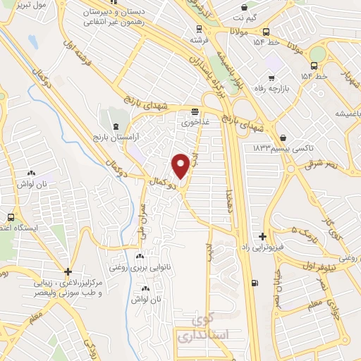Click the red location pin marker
[x=180, y=165]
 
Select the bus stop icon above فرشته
[x=200, y=30]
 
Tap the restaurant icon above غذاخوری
[x=194, y=111]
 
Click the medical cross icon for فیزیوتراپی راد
[x=263, y=237]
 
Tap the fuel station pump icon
[x=254, y=283]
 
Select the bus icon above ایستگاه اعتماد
[x=10, y=217]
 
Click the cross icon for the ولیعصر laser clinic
[x=68, y=271]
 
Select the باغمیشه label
[x=343, y=114]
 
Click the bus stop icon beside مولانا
[x=266, y=32]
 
